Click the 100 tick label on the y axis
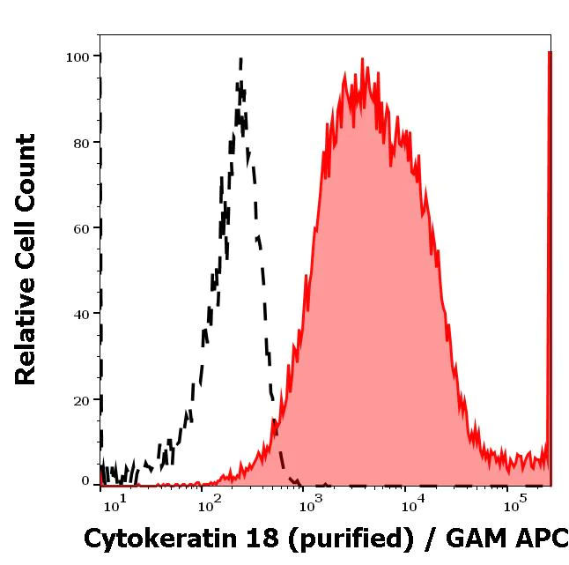pyautogui.click(x=78, y=57)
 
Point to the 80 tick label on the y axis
pyautogui.click(x=81, y=143)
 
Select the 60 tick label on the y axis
pyautogui.click(x=81, y=228)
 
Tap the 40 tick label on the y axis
pyautogui.click(x=81, y=314)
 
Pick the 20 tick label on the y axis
pyautogui.click(x=81, y=400)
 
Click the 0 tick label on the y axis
pyautogui.click(x=85, y=481)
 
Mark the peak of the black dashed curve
pyautogui.click(x=240, y=60)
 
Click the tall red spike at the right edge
pyautogui.click(x=550, y=264)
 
